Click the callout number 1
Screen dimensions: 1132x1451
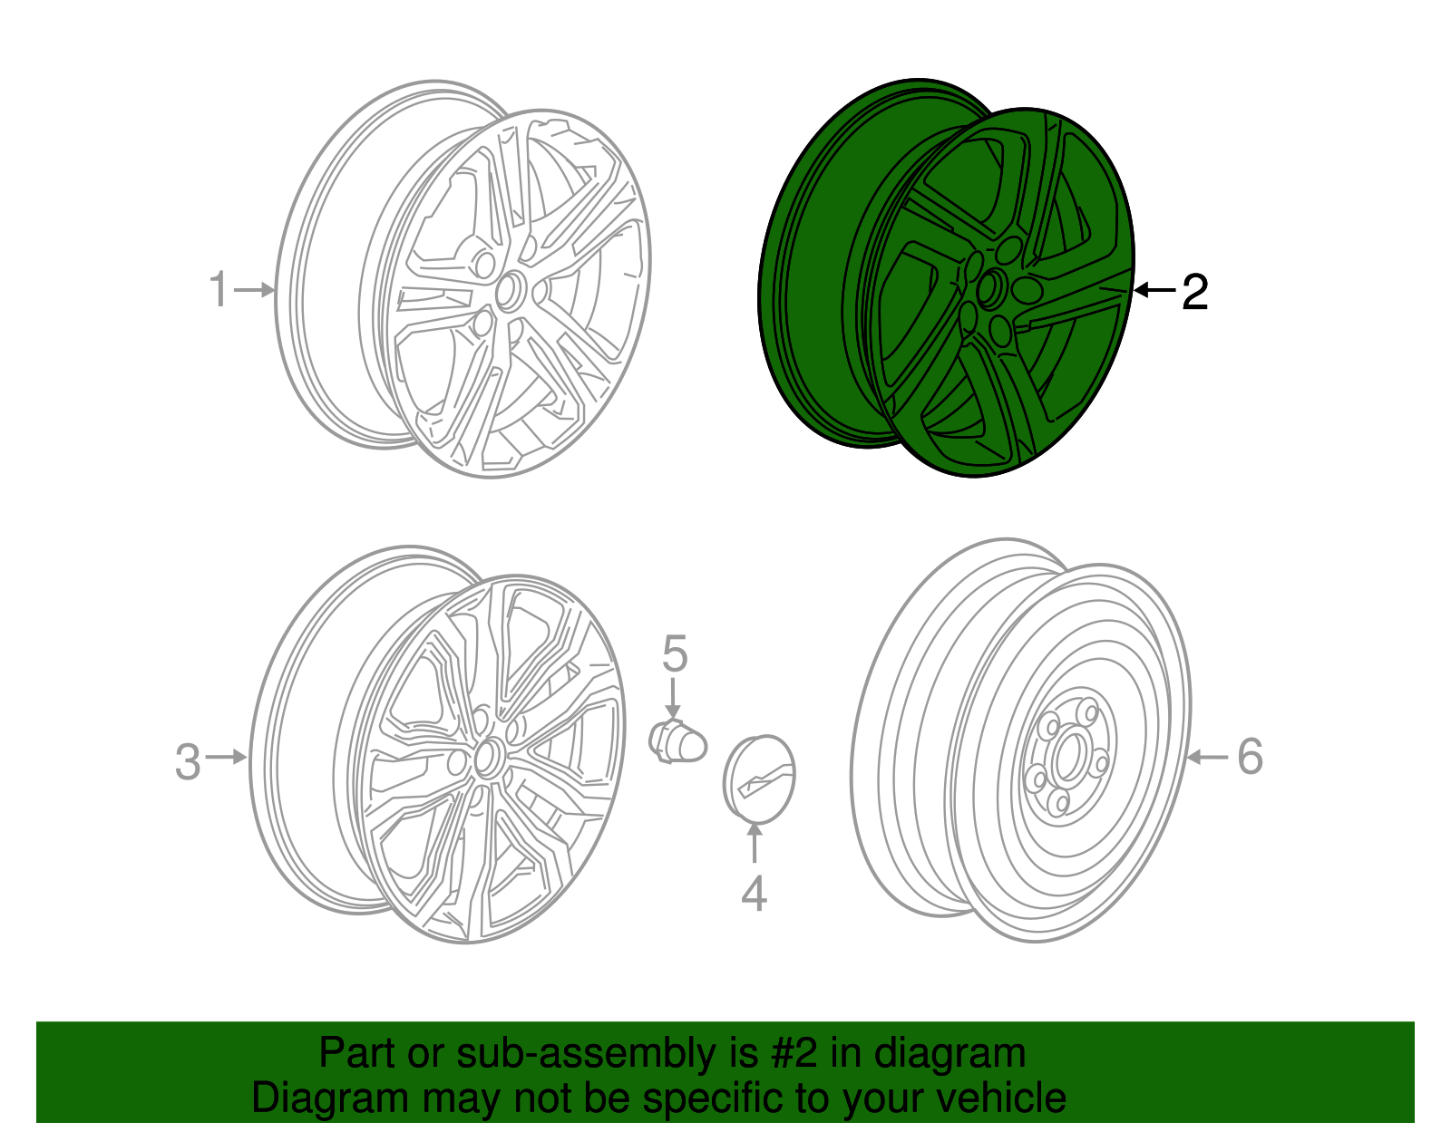coord(219,290)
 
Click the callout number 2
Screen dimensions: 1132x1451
coord(1194,292)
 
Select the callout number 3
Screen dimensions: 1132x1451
coord(188,761)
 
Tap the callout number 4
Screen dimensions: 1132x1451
coord(754,893)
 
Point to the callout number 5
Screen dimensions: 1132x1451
coord(675,653)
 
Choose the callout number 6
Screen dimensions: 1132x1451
coord(1250,756)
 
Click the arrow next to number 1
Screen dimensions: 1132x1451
coord(255,290)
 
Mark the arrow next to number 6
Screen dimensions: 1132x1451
coord(1207,757)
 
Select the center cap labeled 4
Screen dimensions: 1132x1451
coord(759,779)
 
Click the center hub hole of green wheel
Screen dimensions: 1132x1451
coord(988,289)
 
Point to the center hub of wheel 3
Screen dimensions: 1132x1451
coord(487,756)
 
